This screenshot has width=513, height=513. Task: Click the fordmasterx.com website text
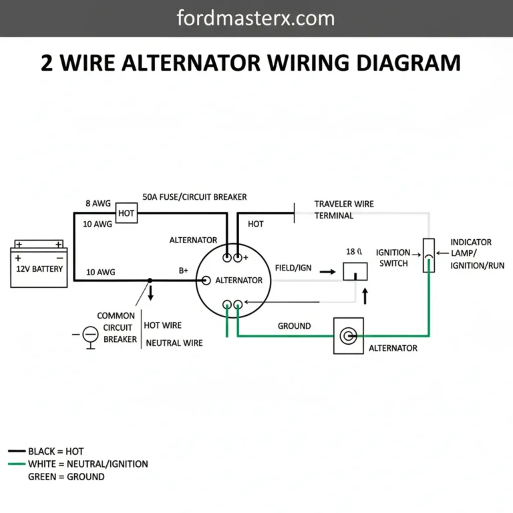256,17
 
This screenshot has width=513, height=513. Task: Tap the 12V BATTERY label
39,269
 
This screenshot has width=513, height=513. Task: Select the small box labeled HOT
126,213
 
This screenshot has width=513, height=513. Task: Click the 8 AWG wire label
98,203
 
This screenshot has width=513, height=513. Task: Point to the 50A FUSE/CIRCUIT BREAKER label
194,197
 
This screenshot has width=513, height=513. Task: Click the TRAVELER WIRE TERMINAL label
343,210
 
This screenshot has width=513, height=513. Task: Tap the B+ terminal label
184,271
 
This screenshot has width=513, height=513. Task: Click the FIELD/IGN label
293,267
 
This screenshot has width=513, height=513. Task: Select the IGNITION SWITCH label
393,258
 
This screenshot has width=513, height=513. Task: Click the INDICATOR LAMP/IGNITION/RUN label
471,253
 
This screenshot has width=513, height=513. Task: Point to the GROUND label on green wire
294,326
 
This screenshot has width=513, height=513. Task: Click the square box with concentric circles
348,335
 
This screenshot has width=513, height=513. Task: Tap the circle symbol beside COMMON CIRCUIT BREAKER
90,333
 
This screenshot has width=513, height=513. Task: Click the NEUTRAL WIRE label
174,343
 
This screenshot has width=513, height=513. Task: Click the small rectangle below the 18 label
355,271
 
